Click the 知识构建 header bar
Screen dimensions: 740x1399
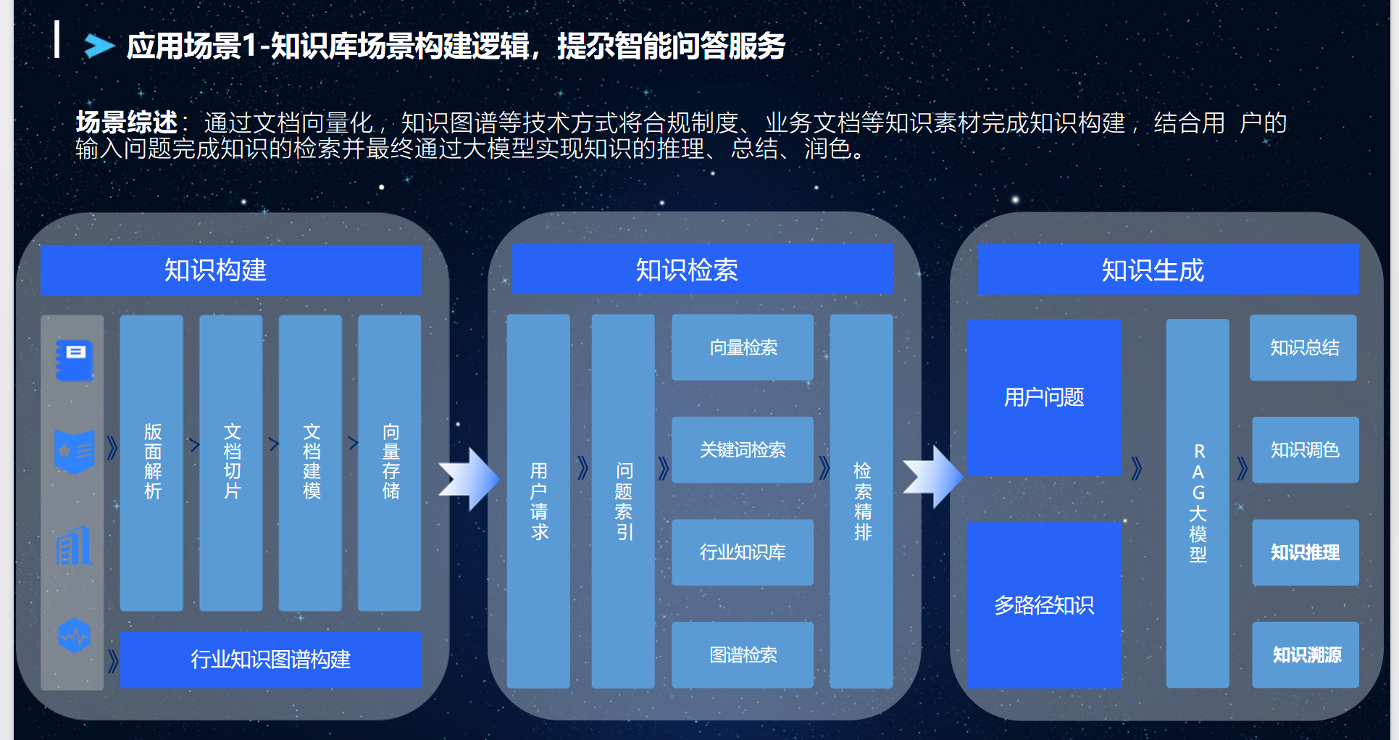pos(230,270)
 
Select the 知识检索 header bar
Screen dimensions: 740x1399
pos(702,270)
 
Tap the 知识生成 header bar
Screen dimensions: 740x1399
pos(1167,270)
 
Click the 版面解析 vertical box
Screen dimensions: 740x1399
pos(151,462)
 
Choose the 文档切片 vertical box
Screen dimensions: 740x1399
pos(231,462)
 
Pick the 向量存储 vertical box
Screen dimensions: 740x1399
pos(390,462)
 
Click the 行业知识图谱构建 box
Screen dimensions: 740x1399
pos(270,659)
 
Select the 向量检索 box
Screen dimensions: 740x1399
pos(743,347)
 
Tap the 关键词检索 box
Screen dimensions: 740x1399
pos(743,449)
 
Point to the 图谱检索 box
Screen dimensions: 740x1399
pos(743,654)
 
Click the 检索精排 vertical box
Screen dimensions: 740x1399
pos(861,501)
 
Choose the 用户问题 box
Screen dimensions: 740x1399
pos(1043,397)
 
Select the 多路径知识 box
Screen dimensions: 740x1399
pos(1043,604)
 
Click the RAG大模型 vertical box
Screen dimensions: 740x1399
pos(1198,503)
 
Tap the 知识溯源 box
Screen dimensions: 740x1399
pos(1306,654)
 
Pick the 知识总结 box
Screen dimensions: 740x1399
pos(1303,347)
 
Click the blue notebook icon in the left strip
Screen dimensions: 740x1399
pos(75,360)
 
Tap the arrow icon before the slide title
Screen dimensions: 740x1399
pos(99,46)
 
